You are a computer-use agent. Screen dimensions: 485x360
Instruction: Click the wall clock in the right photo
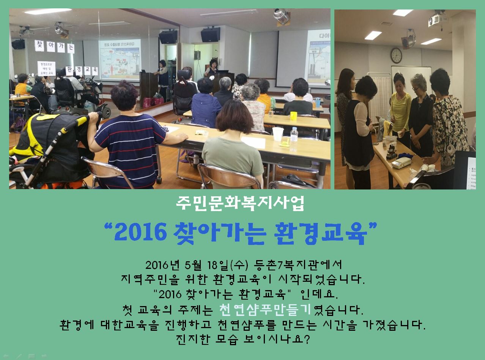tap(396, 55)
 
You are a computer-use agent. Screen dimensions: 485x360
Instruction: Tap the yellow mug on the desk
tap(293, 116)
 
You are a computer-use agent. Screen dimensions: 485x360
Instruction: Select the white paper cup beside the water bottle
tap(278, 134)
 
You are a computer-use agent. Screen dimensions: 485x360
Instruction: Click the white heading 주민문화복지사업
tap(240, 203)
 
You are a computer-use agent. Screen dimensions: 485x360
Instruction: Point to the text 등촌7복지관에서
tap(298, 265)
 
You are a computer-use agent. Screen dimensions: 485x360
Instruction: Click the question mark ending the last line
tap(307, 339)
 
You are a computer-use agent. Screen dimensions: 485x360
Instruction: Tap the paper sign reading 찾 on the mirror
tap(39, 46)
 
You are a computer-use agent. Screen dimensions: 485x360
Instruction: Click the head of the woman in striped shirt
tap(124, 95)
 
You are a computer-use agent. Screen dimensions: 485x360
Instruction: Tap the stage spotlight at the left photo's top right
tap(282, 16)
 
